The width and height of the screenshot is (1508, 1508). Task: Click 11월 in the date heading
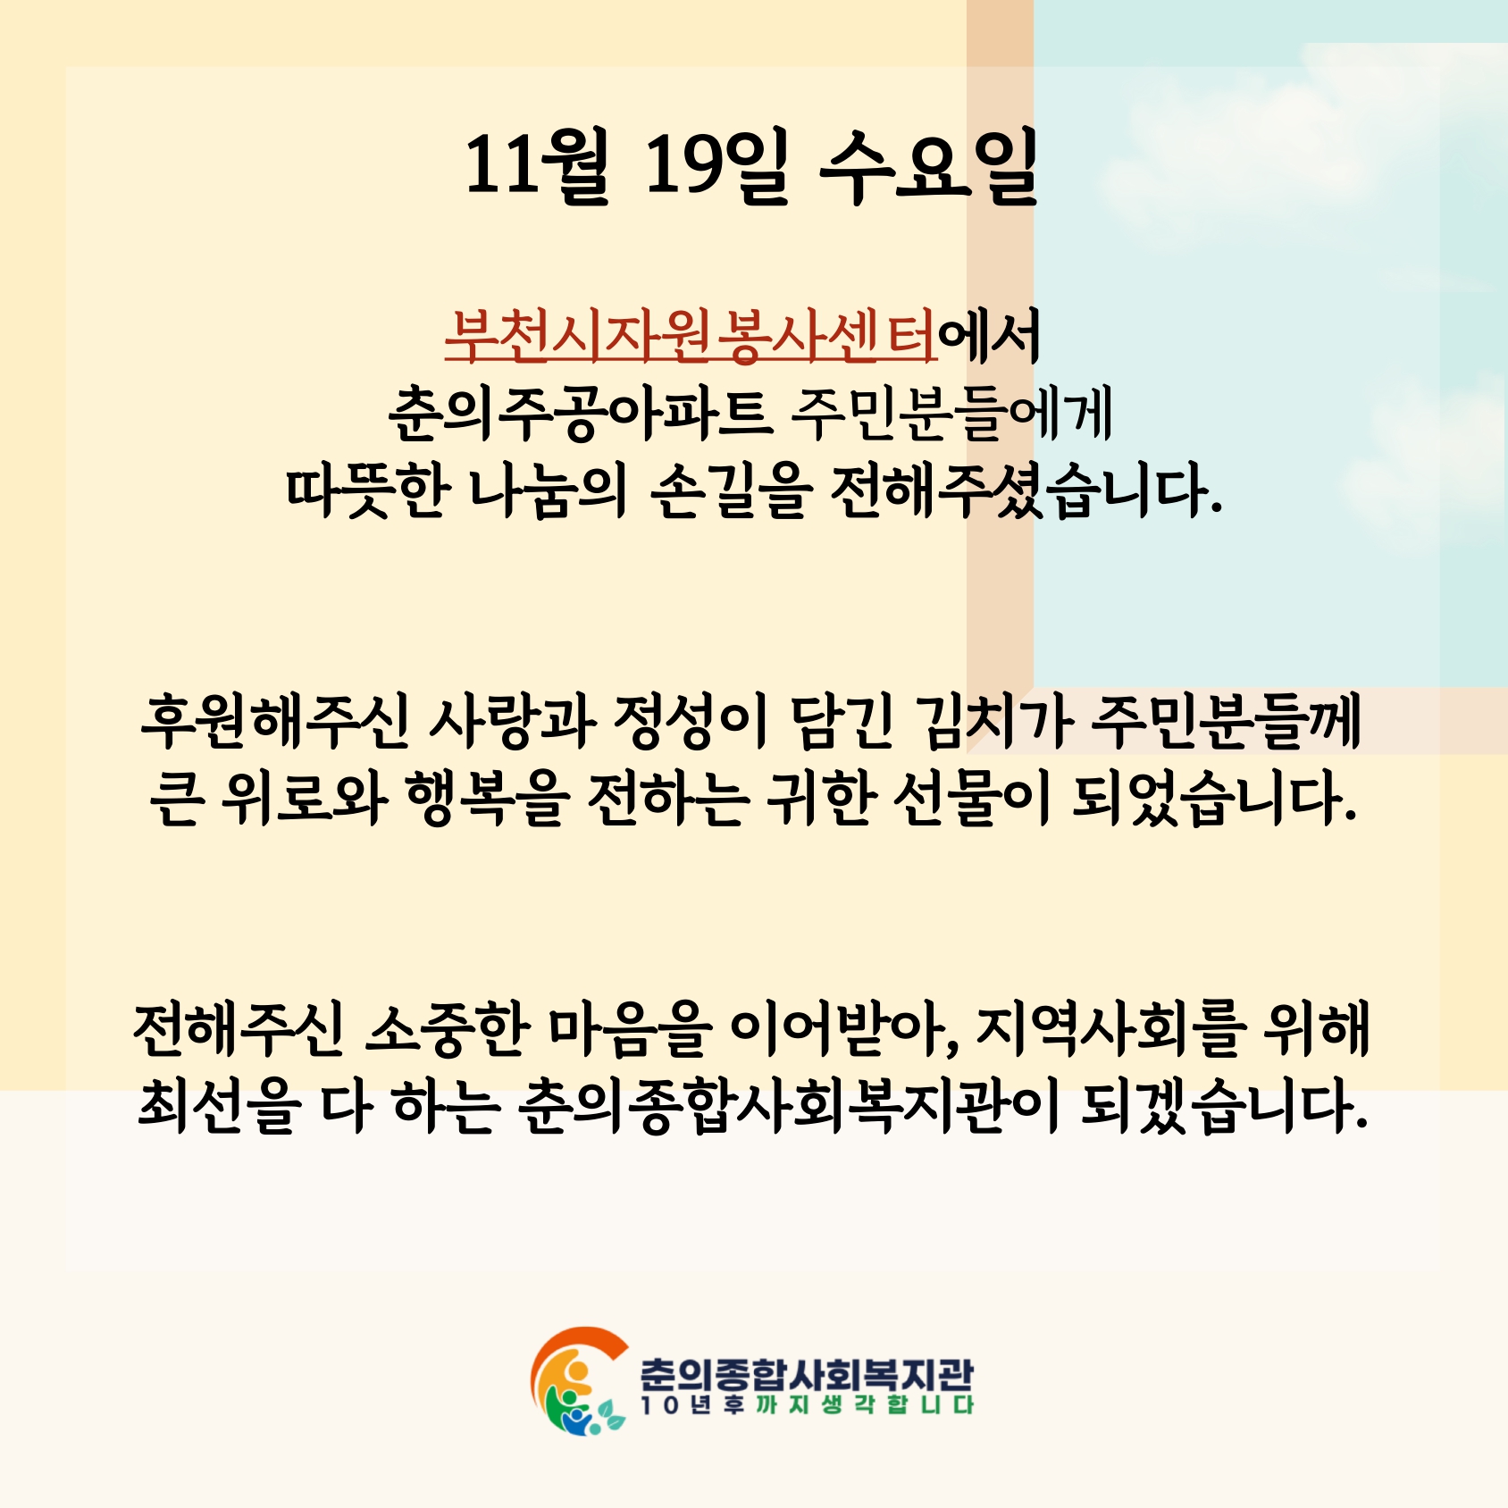tap(536, 165)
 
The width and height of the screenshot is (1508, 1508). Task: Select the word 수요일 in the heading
tap(929, 165)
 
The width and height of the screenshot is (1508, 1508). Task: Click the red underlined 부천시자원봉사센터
tap(691, 336)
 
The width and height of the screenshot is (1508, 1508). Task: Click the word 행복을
tap(488, 798)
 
